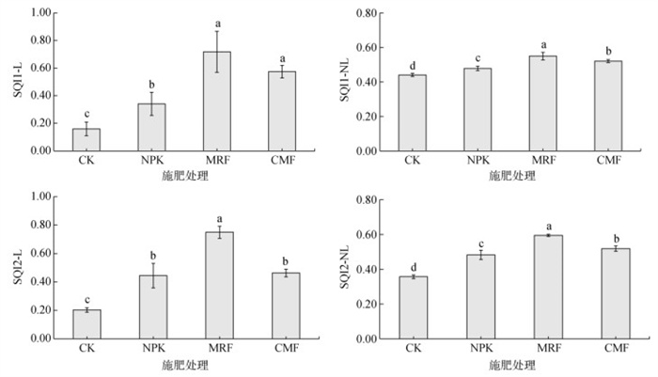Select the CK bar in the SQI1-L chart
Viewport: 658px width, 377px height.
[86, 140]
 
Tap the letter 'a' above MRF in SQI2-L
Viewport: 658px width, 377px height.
[218, 216]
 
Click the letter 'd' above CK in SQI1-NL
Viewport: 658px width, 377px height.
[414, 65]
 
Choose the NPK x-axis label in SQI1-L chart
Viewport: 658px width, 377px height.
[152, 160]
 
